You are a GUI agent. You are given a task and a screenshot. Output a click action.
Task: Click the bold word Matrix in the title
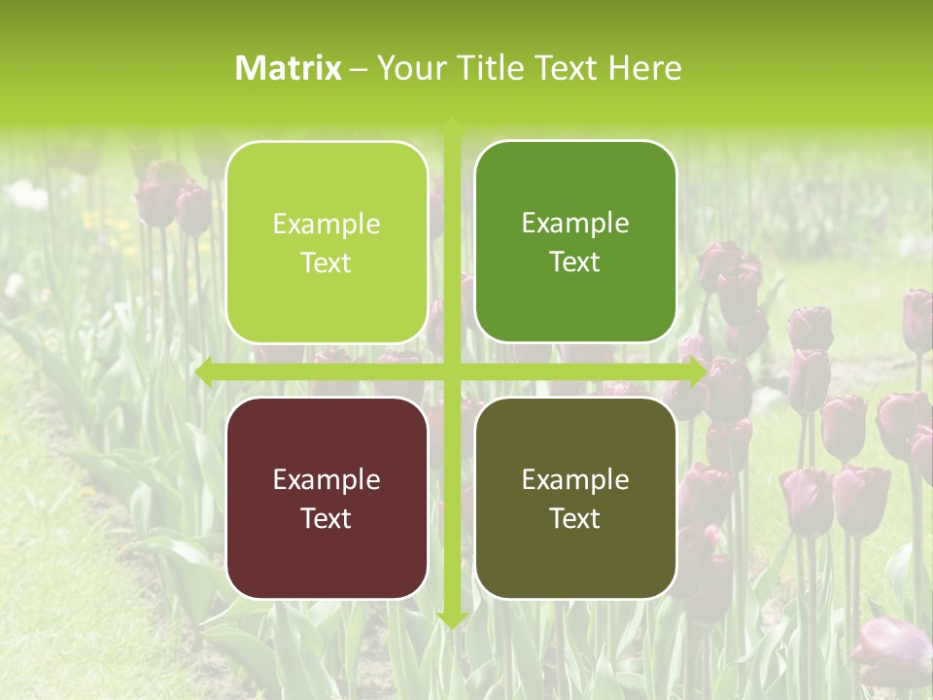289,68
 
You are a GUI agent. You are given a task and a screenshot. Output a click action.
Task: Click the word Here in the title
645,68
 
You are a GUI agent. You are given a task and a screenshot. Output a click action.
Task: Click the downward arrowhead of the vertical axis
452,619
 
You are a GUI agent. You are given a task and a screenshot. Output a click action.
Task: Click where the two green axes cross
452,371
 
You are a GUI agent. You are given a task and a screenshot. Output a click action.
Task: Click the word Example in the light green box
327,225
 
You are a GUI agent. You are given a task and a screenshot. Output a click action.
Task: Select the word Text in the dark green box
575,262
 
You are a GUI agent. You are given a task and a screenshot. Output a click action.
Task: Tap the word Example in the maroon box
327,479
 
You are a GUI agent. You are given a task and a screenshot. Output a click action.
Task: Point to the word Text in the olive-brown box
575,518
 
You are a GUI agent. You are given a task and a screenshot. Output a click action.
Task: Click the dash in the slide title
359,69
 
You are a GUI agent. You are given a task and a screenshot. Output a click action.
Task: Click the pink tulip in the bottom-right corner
892,647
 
